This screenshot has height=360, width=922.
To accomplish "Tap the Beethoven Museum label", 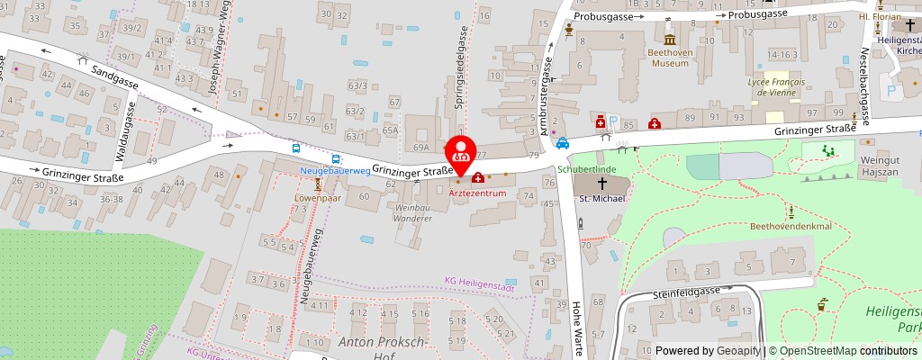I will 670,58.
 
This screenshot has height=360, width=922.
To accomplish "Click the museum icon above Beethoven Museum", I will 670,40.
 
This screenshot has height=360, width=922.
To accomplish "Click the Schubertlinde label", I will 586,168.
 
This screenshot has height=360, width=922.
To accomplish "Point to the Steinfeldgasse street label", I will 687,292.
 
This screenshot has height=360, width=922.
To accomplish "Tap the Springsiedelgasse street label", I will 461,76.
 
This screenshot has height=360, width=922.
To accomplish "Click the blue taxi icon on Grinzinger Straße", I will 562,143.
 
